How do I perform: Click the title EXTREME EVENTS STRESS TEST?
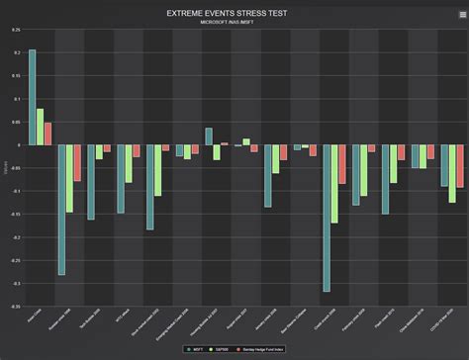(x=234, y=13)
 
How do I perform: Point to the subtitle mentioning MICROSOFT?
(x=234, y=22)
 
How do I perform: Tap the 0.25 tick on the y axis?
(x=15, y=30)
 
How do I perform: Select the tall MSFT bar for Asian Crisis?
(x=33, y=97)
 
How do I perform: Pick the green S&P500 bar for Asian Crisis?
(x=41, y=127)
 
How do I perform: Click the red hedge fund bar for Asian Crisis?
(x=48, y=134)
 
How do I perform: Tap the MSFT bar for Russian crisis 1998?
(x=61, y=210)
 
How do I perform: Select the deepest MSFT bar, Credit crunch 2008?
(x=327, y=218)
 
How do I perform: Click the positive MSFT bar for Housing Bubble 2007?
(x=209, y=136)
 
